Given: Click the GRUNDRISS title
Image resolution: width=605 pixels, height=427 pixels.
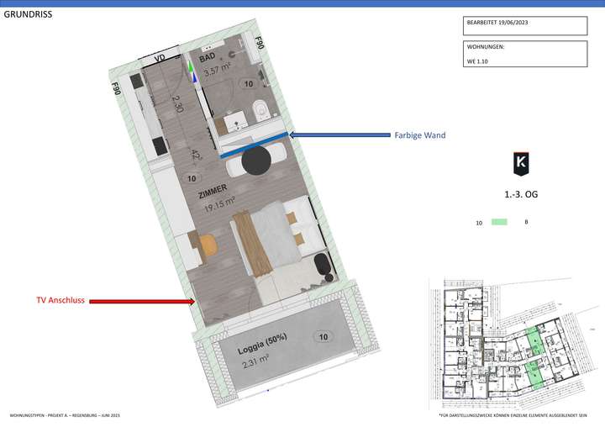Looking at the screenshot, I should pos(28,13).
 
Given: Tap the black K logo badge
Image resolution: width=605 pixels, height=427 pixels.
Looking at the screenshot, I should pos(521,163).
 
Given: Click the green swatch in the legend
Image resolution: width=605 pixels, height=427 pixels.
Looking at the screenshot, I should pos(500,222).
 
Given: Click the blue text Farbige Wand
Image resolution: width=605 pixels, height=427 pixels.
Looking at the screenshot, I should pos(419,134).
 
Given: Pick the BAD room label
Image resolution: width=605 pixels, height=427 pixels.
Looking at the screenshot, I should pos(207,57).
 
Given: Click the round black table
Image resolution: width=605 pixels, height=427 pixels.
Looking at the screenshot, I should pos(255,161).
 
